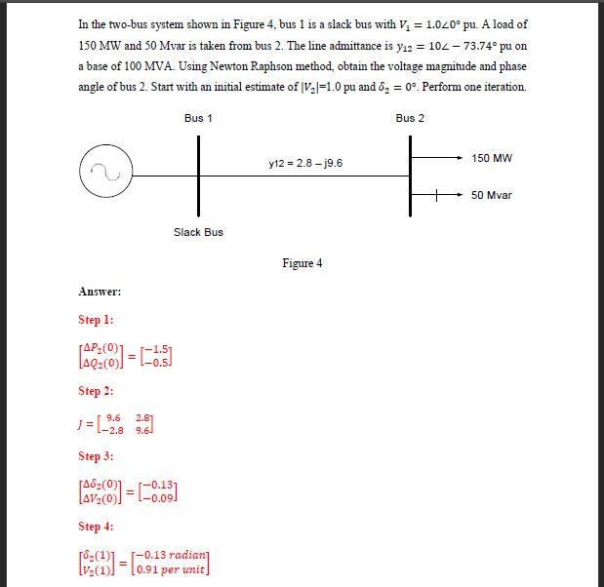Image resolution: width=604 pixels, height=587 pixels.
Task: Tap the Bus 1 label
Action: [x=198, y=118]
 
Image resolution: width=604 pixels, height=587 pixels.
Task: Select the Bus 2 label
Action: [x=410, y=118]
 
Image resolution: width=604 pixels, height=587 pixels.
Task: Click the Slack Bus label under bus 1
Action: [x=198, y=232]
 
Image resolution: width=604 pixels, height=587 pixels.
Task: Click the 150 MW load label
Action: [x=492, y=158]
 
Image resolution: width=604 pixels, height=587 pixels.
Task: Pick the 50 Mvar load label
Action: [x=492, y=195]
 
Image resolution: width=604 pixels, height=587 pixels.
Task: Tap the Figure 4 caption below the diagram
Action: [x=302, y=263]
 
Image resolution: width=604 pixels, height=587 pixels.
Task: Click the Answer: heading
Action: [x=100, y=292]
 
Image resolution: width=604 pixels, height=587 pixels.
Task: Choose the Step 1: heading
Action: [x=96, y=320]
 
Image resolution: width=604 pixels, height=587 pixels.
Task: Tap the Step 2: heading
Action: [x=96, y=391]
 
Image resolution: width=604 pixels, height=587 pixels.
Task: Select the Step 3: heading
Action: [x=96, y=456]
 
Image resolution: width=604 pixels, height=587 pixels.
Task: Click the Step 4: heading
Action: [x=96, y=527]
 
